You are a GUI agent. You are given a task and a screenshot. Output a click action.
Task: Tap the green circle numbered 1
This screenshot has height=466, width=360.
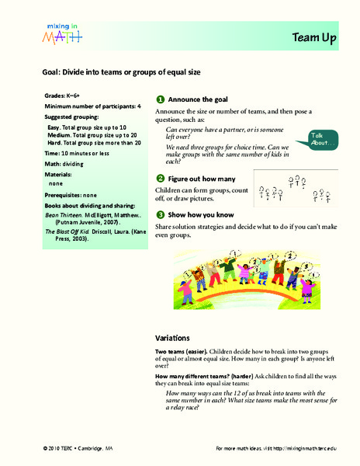[x=160, y=100]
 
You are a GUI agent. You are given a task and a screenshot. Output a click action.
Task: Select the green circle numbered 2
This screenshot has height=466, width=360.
[x=160, y=179]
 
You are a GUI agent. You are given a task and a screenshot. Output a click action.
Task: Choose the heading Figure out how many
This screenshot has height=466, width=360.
[x=202, y=179]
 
